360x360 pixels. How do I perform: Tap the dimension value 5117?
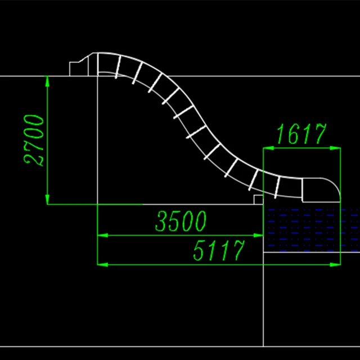219,250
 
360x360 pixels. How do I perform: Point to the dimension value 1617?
301,135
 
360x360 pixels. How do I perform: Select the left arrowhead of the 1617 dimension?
268,148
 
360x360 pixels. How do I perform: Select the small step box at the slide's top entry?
78,69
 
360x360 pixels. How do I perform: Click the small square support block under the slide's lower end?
258,199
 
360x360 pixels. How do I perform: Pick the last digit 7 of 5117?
238,250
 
